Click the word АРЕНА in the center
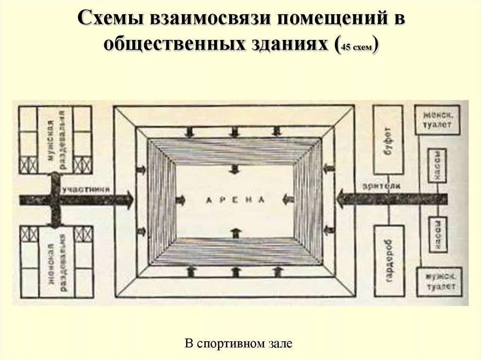pos(235,199)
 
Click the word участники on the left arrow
pos(86,189)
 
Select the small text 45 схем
pos(357,47)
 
